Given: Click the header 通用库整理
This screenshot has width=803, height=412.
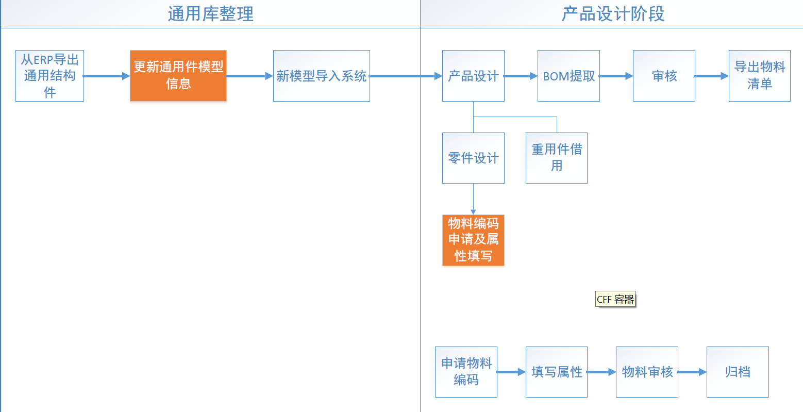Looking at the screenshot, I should tap(210, 14).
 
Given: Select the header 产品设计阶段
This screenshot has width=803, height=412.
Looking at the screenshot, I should tap(612, 14).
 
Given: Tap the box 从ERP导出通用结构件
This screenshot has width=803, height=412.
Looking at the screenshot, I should tap(49, 76).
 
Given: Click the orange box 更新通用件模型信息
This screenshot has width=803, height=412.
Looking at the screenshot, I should tap(178, 76).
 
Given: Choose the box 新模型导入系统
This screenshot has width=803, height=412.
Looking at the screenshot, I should tap(321, 76).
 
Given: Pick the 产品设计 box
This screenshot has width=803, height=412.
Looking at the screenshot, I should tap(473, 76).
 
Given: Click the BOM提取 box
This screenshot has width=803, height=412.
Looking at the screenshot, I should tap(568, 76).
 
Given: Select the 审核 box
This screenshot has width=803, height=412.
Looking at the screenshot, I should tap(664, 76).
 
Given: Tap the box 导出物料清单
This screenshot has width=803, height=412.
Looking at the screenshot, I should tap(759, 76).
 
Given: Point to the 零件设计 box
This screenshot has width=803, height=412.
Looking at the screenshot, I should tap(473, 158).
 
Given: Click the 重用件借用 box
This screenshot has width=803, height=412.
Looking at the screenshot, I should tap(556, 158).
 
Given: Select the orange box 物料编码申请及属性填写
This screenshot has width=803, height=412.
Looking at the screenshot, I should tap(473, 240).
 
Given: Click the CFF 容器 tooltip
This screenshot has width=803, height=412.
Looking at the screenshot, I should tap(615, 299).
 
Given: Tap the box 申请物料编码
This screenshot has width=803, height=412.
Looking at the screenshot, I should tap(466, 372).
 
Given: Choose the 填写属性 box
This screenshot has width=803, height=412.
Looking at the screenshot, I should tap(556, 372).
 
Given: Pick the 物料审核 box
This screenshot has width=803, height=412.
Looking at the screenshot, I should tap(647, 372).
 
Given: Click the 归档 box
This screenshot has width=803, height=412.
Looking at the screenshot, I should tap(738, 372).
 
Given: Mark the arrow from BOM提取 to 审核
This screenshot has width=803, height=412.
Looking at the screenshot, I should tap(616, 76).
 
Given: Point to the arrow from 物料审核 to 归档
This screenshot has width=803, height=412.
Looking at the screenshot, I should tap(692, 372).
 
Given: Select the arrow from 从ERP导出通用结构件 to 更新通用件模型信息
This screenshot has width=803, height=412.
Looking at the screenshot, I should tap(106, 76).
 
